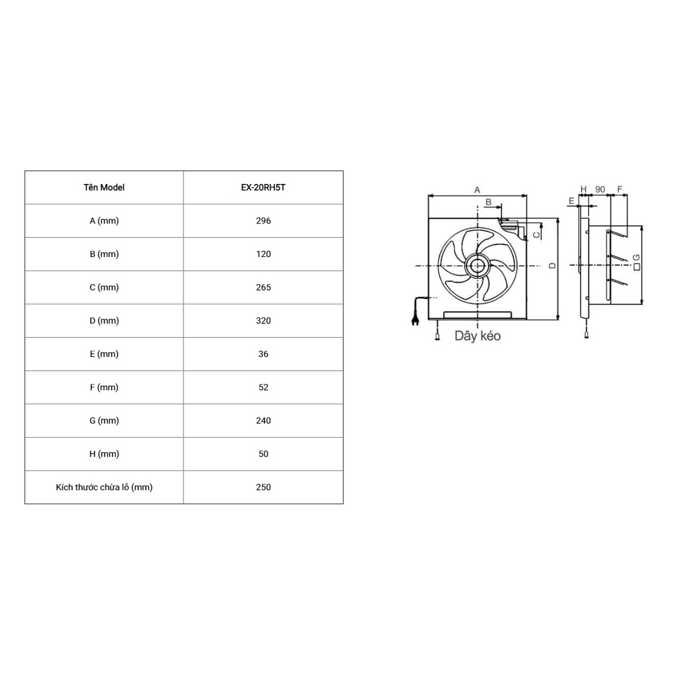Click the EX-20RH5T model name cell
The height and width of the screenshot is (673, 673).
coord(263,187)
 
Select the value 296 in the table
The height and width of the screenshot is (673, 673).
coord(263,221)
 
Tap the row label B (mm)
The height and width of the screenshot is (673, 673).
coord(104,254)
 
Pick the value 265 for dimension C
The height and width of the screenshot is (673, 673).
coord(263,287)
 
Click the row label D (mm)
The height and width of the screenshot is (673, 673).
coord(104,321)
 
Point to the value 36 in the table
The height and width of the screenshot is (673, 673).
coord(263,354)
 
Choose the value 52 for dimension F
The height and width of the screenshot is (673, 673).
coord(263,387)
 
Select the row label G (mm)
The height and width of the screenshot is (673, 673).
coord(104,421)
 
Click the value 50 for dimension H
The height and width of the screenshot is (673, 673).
coord(263,453)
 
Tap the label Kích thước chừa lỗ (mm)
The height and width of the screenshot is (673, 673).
coord(104,487)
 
